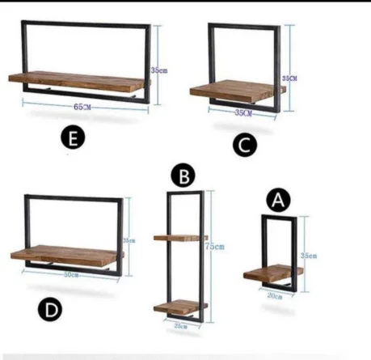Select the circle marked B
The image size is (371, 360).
click(x=184, y=176)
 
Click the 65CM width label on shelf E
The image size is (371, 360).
click(x=82, y=106)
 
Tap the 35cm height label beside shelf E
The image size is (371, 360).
click(x=162, y=70)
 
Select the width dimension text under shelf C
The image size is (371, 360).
click(x=242, y=113)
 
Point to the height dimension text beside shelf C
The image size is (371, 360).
click(x=289, y=78)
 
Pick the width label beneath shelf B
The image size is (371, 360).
click(x=182, y=325)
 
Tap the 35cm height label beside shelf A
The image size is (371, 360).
click(x=308, y=256)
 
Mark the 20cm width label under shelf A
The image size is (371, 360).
click(x=275, y=297)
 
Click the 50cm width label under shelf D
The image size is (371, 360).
click(x=72, y=275)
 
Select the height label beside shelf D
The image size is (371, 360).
click(x=128, y=240)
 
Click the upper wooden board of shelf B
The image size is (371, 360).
click(x=179, y=238)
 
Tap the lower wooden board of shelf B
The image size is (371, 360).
click(x=179, y=307)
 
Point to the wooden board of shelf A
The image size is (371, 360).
click(x=272, y=273)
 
